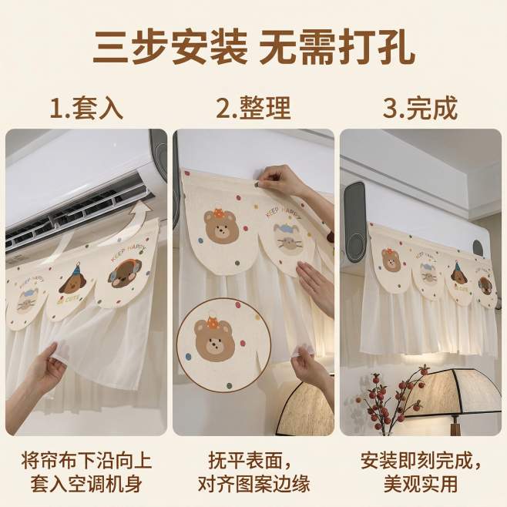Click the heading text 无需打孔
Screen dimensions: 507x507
[x=337, y=48]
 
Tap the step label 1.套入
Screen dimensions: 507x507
[x=86, y=108]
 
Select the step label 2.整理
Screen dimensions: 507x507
[x=253, y=108]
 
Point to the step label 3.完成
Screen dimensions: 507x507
[x=420, y=108]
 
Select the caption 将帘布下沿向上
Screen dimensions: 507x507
[x=86, y=461]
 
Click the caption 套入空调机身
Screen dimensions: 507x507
[x=86, y=484]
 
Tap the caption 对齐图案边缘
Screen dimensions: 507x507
[x=253, y=484]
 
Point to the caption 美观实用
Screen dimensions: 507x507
[x=420, y=484]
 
